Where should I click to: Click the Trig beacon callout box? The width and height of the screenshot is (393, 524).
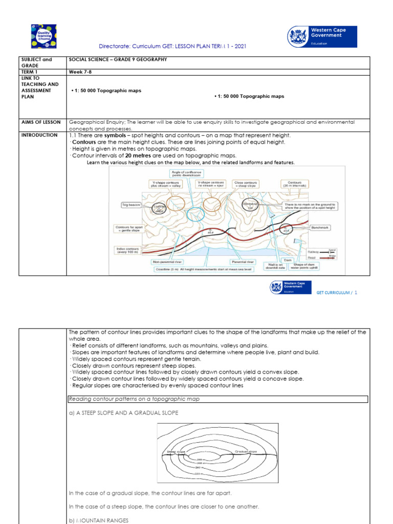pos(131,205)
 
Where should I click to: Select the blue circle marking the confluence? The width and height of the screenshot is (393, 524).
pos(195,214)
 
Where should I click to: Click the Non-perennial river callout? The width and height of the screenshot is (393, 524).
pos(167,261)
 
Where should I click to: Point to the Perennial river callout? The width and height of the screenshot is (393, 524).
pos(243,261)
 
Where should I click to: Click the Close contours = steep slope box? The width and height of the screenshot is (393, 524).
pos(246,184)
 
